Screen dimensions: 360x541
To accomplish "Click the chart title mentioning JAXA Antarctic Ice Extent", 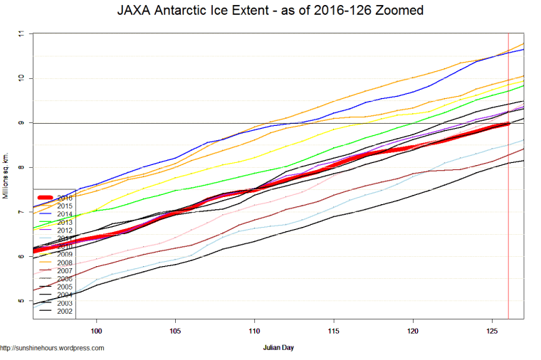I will [x=270, y=12].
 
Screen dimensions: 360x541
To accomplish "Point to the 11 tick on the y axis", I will [x=21, y=33].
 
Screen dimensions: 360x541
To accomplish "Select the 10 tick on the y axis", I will [x=21, y=78].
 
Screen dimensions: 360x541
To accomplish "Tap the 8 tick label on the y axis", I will [x=21, y=167].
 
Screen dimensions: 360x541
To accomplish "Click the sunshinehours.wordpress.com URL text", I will [x=53, y=348].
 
